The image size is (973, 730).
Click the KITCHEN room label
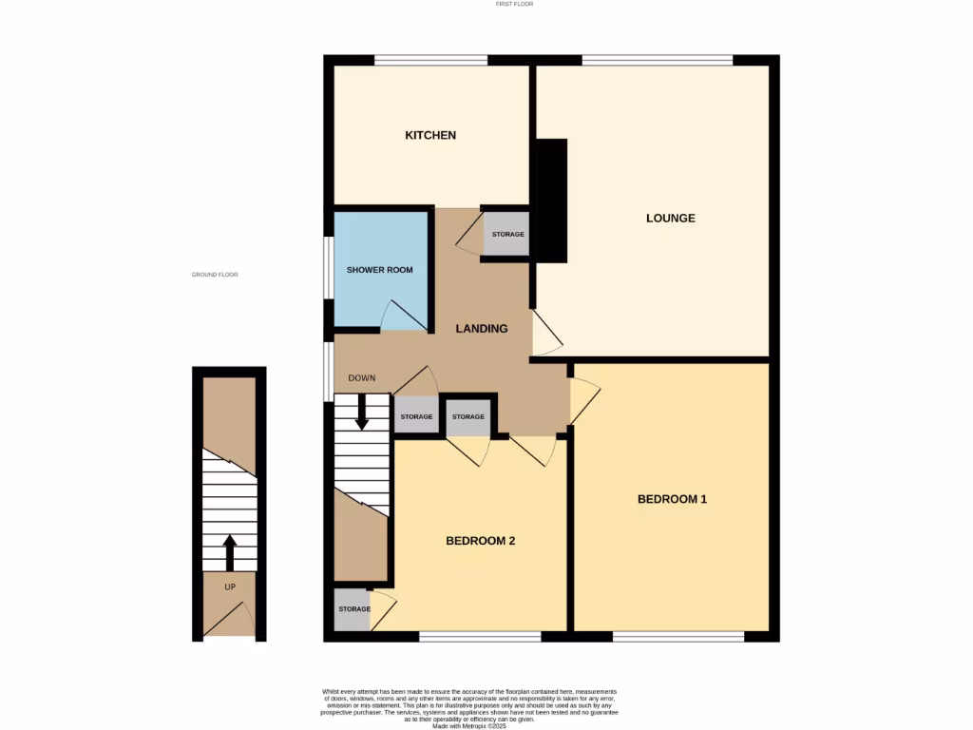pyautogui.click(x=430, y=135)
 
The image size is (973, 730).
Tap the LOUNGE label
pyautogui.click(x=671, y=218)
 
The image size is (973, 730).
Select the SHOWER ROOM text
pyautogui.click(x=379, y=270)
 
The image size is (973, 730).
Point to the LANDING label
pyautogui.click(x=481, y=329)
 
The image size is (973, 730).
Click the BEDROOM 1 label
pyautogui.click(x=672, y=499)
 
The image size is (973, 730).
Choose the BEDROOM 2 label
pyautogui.click(x=480, y=541)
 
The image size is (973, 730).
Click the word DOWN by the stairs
pyautogui.click(x=361, y=377)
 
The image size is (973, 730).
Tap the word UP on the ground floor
pyautogui.click(x=229, y=586)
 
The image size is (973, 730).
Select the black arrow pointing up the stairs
pyautogui.click(x=229, y=551)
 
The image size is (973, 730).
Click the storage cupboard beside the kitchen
pyautogui.click(x=506, y=234)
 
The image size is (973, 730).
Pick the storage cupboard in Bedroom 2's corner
pyautogui.click(x=352, y=609)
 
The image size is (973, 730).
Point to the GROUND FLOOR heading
pyautogui.click(x=215, y=275)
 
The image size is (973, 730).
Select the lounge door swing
pyautogui.click(x=546, y=333)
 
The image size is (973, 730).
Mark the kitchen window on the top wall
pyautogui.click(x=430, y=60)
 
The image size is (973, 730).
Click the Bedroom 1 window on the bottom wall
pyautogui.click(x=677, y=636)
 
